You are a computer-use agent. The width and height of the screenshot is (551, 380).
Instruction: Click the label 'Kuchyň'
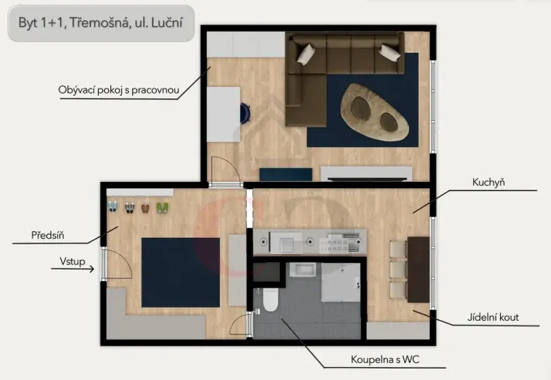point(489,184)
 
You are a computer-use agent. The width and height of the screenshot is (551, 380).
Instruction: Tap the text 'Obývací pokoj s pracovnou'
point(118,89)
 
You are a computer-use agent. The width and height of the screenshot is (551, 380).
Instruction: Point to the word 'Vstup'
point(72,261)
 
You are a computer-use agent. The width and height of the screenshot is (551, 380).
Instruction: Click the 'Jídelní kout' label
point(493,317)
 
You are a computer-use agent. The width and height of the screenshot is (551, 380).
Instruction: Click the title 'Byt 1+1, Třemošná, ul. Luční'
point(101,24)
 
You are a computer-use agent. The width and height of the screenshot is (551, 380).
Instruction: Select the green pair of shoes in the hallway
point(161,208)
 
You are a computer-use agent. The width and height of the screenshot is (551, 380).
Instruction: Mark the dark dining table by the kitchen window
point(418,269)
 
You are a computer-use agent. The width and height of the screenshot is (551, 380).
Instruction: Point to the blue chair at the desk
point(242,113)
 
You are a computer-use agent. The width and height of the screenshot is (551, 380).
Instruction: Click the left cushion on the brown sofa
point(307,54)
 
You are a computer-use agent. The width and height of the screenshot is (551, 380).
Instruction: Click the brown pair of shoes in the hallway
point(145,208)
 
